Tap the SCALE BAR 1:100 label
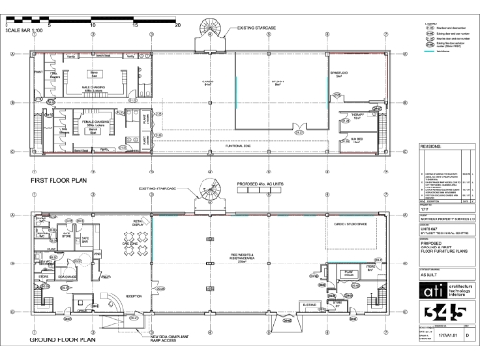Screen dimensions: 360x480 24,32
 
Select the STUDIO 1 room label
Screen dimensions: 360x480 277,82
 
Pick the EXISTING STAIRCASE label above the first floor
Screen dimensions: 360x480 258,29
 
